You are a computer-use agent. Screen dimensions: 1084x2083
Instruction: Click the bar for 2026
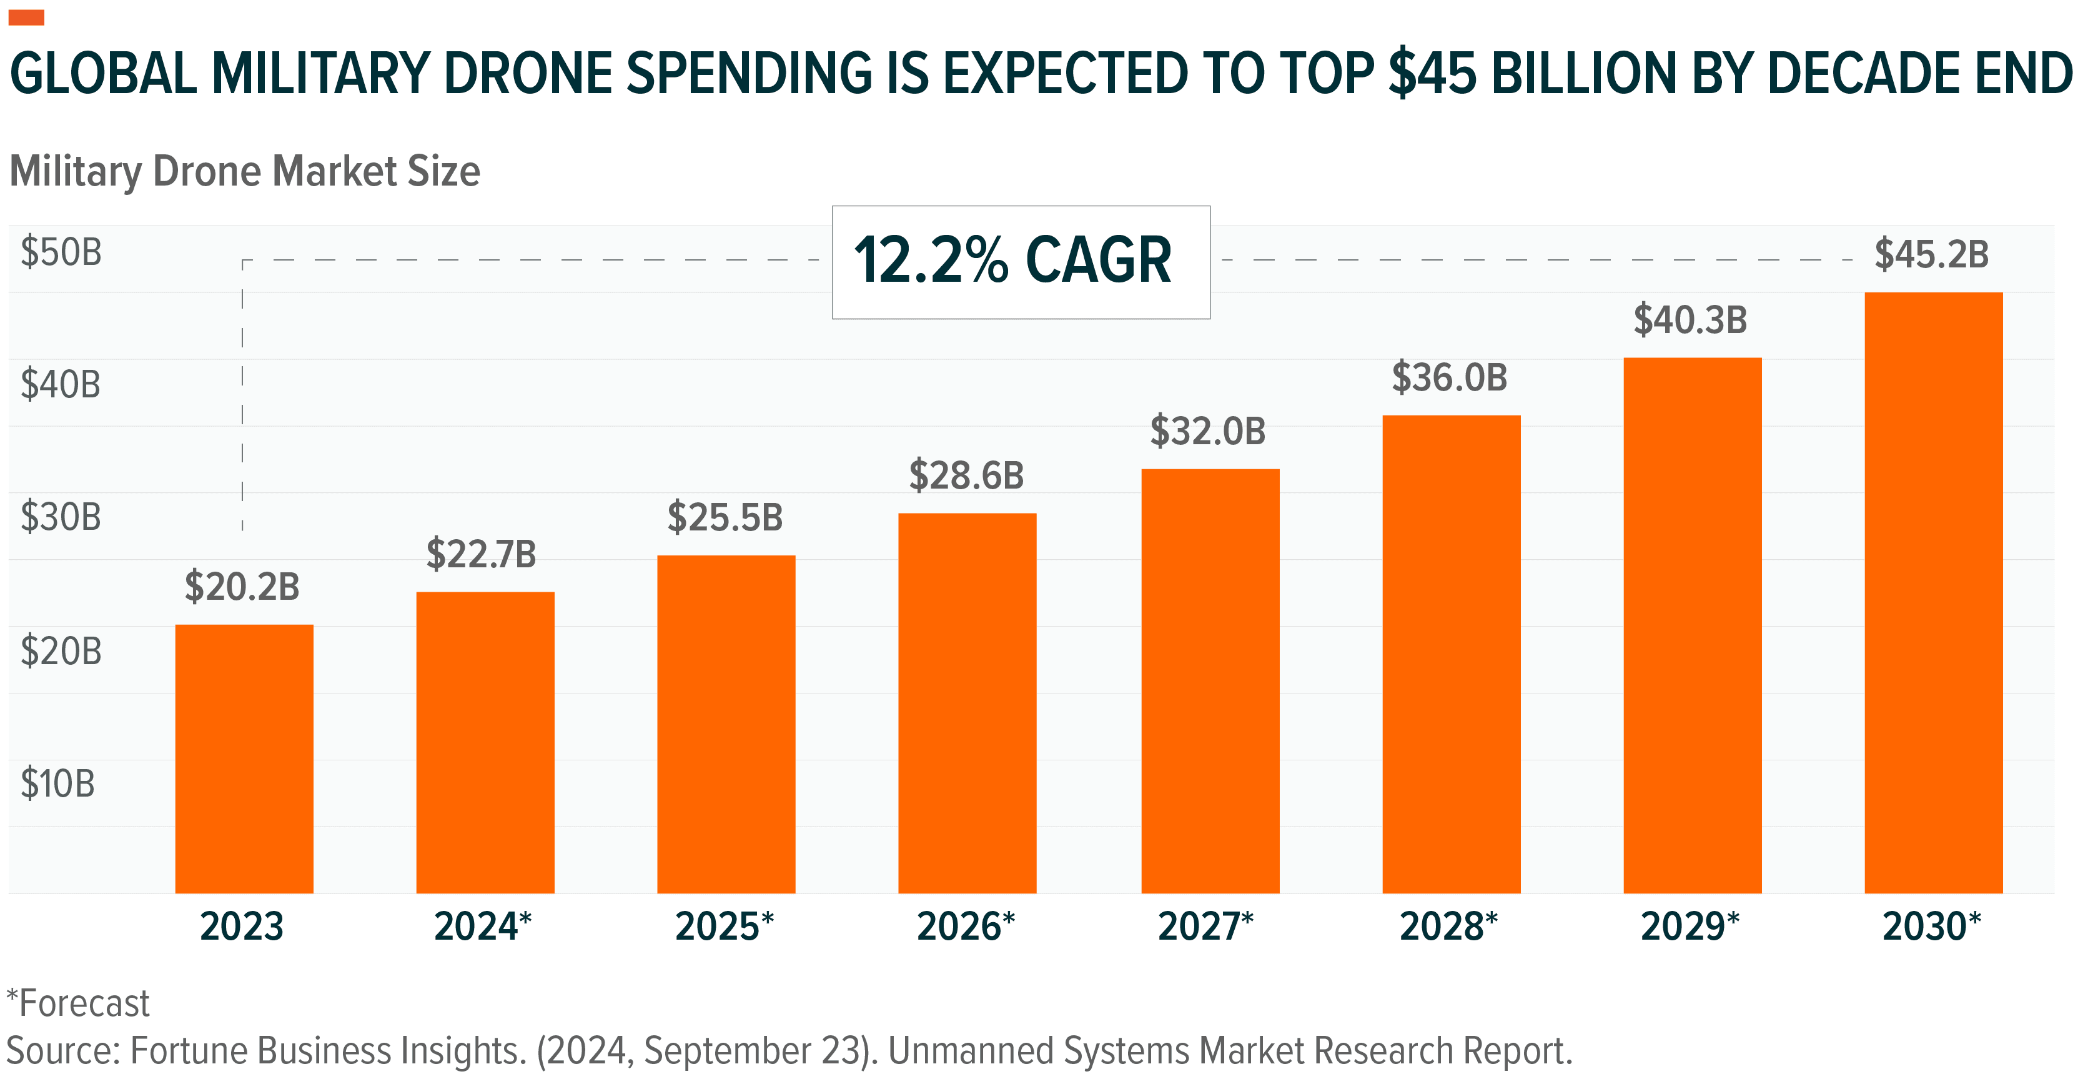(x=967, y=703)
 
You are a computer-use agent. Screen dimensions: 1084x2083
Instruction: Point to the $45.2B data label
(x=1931, y=254)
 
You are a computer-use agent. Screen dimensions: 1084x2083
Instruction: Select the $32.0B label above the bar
(x=1207, y=430)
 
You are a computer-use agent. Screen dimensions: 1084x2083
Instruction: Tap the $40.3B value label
(x=1690, y=319)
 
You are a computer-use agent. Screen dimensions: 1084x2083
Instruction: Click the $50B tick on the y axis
(x=61, y=252)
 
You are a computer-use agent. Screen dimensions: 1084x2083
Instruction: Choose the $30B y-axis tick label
(x=61, y=517)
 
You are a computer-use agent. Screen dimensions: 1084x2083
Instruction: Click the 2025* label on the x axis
(x=725, y=927)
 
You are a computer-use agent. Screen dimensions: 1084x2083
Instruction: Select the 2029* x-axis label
(x=1690, y=927)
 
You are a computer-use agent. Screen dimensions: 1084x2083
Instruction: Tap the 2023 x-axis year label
(x=242, y=927)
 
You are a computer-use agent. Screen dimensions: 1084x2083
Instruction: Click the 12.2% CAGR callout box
(x=1021, y=261)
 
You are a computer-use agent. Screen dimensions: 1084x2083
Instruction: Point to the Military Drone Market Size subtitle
(x=244, y=171)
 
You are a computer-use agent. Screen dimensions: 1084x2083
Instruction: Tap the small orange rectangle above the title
(x=26, y=17)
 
